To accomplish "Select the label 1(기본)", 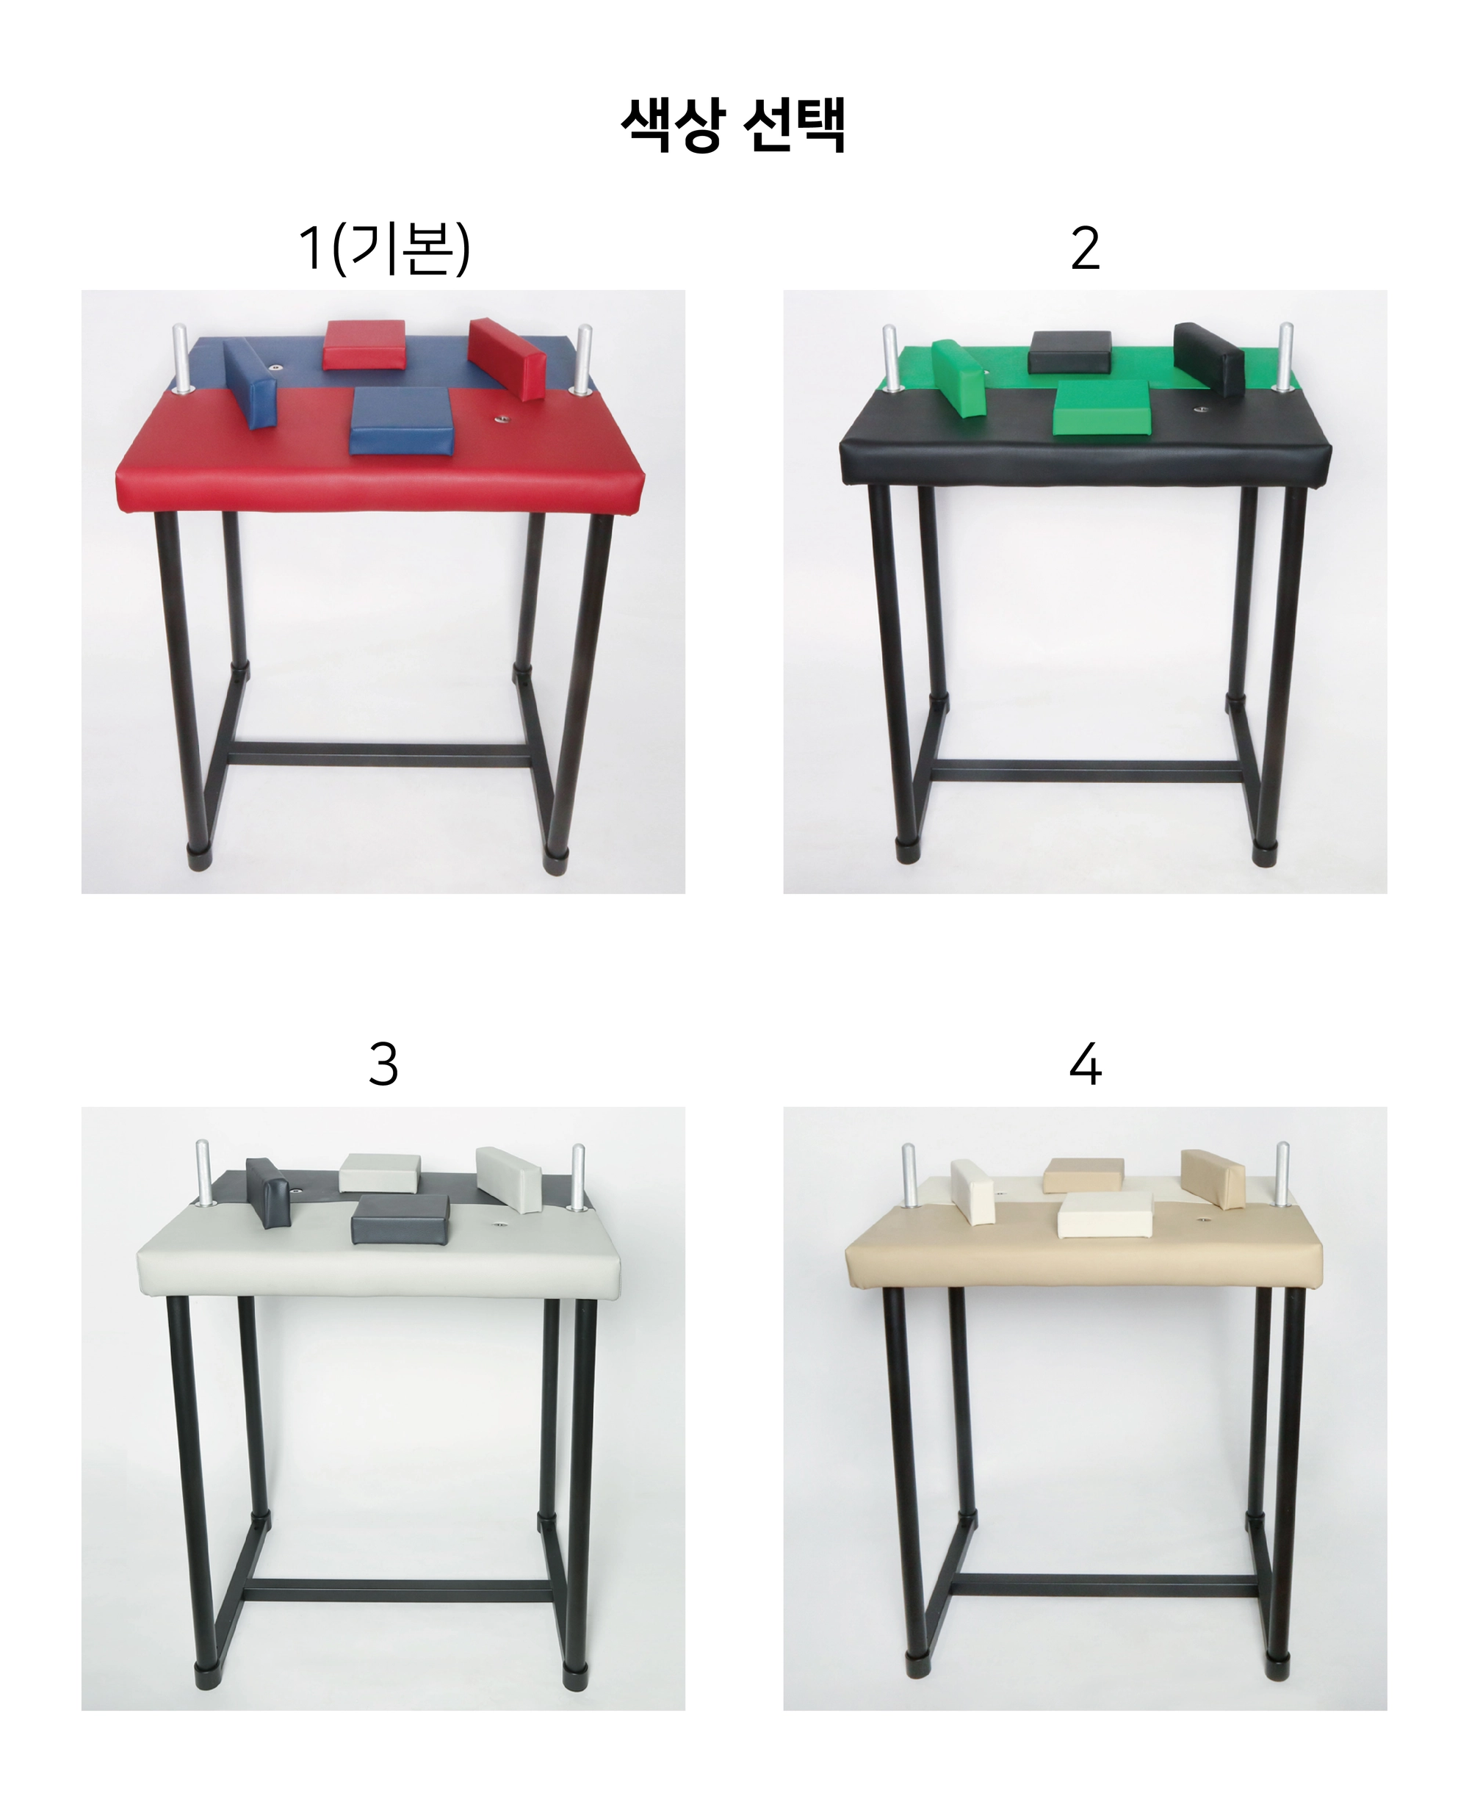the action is [383, 249].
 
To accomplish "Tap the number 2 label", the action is [1085, 249].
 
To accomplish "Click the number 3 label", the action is [383, 1064].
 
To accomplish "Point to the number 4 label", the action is [1085, 1064].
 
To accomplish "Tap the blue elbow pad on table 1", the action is [401, 421].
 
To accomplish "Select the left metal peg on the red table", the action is [181, 358].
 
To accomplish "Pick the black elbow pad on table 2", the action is [1069, 351].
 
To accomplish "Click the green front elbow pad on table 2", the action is [1102, 409].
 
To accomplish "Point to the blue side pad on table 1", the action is [250, 383].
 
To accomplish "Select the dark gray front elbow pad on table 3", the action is [400, 1219].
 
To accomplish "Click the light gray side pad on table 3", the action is [508, 1180].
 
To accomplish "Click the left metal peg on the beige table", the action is [909, 1175].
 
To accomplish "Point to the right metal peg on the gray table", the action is [579, 1177].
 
